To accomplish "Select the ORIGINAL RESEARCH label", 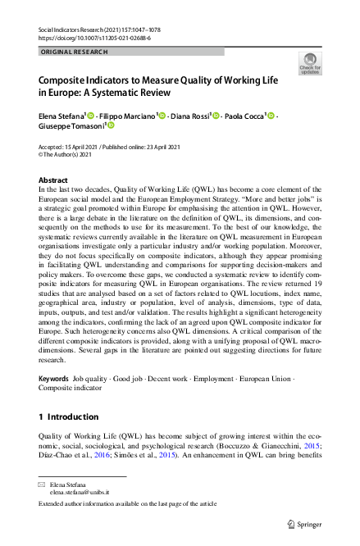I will [x=75, y=51].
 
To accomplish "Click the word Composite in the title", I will [x=66, y=83].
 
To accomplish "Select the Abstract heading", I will [x=53, y=180].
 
